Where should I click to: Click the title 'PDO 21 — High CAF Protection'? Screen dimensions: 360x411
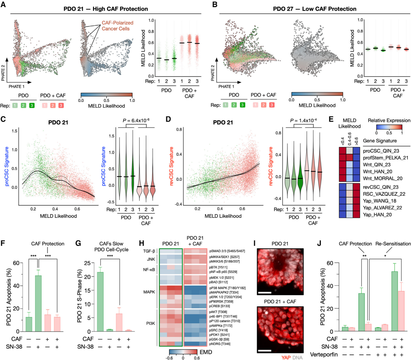(x=106, y=9)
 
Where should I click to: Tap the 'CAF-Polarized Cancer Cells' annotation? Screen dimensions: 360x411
(x=117, y=26)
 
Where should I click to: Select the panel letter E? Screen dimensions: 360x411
(x=331, y=119)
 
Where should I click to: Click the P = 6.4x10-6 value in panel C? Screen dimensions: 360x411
(x=136, y=120)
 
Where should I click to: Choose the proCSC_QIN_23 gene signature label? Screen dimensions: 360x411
(x=381, y=151)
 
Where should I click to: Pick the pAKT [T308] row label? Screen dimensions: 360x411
(x=218, y=312)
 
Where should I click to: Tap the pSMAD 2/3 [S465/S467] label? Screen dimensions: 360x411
(x=227, y=251)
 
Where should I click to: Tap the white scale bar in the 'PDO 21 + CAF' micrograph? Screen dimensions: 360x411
(x=265, y=351)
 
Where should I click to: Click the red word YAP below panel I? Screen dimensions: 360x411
(x=286, y=357)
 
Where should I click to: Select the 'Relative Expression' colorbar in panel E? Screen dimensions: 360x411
(x=389, y=127)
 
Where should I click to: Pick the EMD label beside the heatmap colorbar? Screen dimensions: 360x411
(x=206, y=352)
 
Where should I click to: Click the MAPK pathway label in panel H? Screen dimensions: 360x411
(x=149, y=292)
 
